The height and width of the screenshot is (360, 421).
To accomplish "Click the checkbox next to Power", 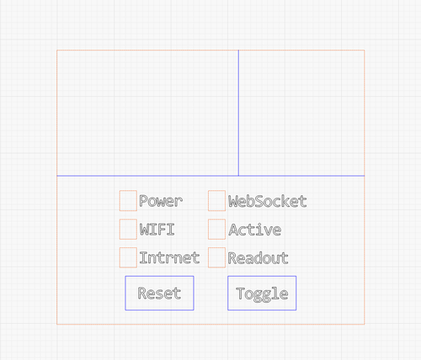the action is tap(128, 200).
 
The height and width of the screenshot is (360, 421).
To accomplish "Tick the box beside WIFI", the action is tap(128, 229).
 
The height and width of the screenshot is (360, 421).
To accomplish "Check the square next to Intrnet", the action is tap(128, 257).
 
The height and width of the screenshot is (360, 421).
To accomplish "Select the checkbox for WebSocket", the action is tap(216, 200).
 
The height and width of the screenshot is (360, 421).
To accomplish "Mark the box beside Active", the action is tap(216, 229).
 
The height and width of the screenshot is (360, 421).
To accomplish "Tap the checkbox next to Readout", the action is tap(216, 257).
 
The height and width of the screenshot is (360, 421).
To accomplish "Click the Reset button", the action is tap(159, 293).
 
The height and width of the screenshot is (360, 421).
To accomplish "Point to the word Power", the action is tap(161, 201).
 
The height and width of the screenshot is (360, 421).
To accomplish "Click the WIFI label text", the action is tap(157, 230).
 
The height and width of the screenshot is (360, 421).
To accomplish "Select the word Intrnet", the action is tap(169, 257).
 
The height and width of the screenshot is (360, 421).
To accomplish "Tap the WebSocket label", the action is tap(268, 201).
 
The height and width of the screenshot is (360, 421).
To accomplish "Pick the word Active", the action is tap(255, 230).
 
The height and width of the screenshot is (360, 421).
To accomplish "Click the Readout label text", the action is tap(258, 258).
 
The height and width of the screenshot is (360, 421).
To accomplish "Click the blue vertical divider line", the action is tap(238, 113).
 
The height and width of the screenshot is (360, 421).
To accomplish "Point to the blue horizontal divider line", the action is tap(210, 176).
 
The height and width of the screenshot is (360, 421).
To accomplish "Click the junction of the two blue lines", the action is tap(238, 176).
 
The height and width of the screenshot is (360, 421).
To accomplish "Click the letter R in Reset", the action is tap(142, 293).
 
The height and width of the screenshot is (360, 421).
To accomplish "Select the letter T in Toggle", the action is tap(240, 294).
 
